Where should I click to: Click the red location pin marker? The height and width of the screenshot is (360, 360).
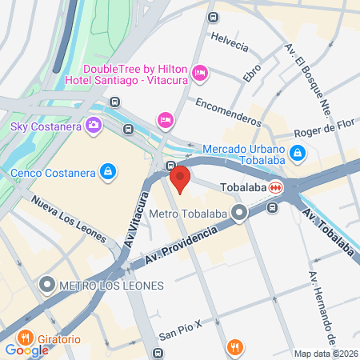[x=180, y=178]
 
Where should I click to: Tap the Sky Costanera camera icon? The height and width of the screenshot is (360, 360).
[x=94, y=125]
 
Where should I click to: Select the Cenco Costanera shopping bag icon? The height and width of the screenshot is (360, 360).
[x=107, y=171]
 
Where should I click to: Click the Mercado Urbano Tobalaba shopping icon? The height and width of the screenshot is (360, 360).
[x=297, y=150]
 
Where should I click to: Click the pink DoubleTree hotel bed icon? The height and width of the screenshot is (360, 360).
[x=201, y=73]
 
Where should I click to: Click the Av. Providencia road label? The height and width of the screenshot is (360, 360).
[x=182, y=244]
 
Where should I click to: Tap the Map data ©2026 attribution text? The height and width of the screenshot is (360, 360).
[x=326, y=353]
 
